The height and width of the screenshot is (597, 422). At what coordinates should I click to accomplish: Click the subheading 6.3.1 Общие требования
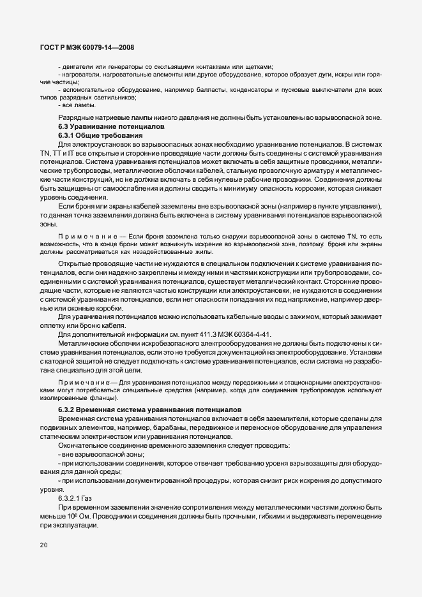pyautogui.click(x=95, y=136)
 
